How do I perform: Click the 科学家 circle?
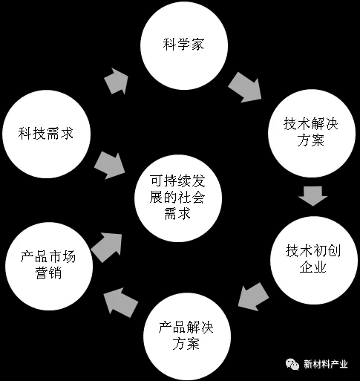184,46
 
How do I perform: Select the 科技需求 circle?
46,134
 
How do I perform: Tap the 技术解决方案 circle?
312,133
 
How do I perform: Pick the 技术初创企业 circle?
314,261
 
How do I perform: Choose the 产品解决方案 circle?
187,336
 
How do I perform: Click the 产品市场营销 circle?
49,266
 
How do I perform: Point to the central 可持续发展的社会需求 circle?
178,198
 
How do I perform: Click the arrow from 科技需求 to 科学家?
117,81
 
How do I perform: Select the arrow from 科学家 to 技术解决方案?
245,88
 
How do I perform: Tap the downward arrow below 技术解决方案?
312,196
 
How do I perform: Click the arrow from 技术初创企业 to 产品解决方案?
253,297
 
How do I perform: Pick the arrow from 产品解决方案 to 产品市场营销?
120,302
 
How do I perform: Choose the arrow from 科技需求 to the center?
110,166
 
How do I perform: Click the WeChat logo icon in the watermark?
292,364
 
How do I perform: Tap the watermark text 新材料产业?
326,365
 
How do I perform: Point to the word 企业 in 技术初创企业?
313,267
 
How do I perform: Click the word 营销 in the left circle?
48,273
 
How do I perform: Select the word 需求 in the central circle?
177,214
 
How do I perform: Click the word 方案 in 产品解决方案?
186,344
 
